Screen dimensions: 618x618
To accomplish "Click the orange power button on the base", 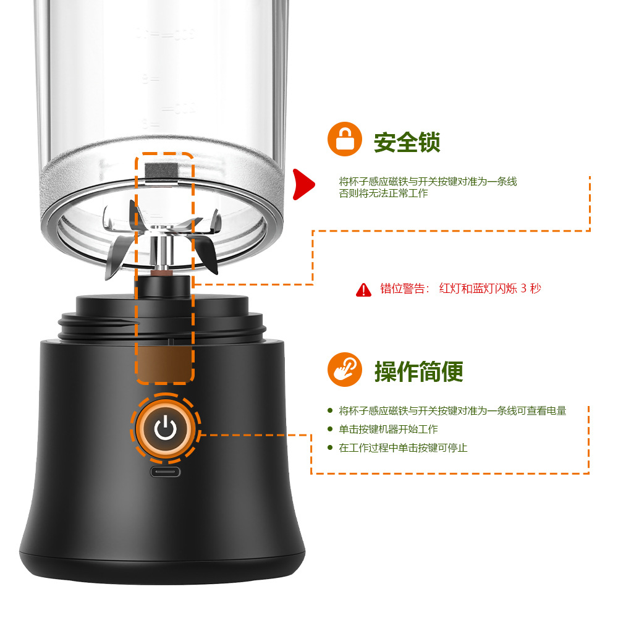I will pyautogui.click(x=165, y=428).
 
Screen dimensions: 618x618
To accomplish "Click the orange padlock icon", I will pyautogui.click(x=345, y=141).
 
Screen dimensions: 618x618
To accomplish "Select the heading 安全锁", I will pyautogui.click(x=407, y=142).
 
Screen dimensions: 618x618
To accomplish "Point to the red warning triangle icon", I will pyautogui.click(x=364, y=289).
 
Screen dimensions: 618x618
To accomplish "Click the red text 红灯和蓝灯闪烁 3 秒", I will pyautogui.click(x=489, y=289).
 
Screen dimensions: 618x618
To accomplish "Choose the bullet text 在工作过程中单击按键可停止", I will pyautogui.click(x=403, y=448).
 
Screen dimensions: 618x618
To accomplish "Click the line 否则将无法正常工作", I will pyautogui.click(x=383, y=193).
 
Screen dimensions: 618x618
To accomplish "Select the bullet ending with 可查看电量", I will pyautogui.click(x=452, y=411).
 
